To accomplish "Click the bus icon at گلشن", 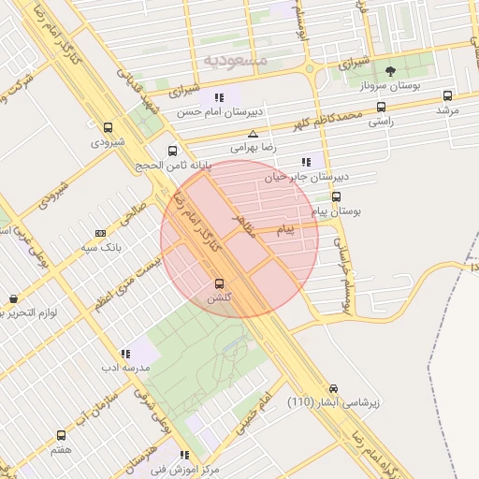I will tap(220, 283).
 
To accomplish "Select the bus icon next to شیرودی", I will tap(108, 128).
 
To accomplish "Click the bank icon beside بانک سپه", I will tap(101, 232).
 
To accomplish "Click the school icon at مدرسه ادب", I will tap(125, 354).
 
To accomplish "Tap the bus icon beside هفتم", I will tap(62, 436).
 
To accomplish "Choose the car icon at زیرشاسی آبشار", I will tap(334, 388).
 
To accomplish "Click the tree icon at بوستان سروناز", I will tap(390, 72).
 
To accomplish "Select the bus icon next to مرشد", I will tap(447, 95).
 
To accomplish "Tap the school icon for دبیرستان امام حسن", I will tap(219, 96).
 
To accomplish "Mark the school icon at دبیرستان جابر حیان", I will tap(308, 162).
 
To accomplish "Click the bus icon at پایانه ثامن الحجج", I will tap(172, 151).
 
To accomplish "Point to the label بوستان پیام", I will tap(336, 211).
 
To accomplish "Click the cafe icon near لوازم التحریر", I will tap(13, 299).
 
